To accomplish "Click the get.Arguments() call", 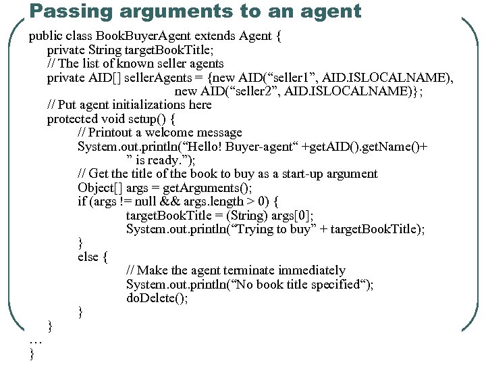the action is [207, 188].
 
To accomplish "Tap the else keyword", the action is [88, 257].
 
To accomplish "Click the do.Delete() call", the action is [157, 298].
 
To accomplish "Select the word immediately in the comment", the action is [317, 270].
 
